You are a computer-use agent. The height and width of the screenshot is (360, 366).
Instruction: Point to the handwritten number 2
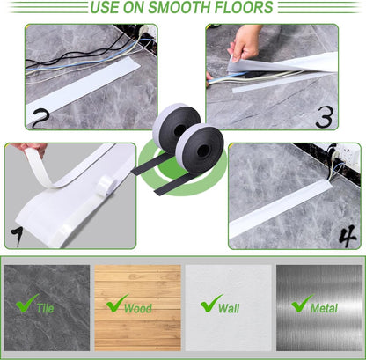point(39,118)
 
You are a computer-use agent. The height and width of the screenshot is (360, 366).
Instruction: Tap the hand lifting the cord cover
point(245,40)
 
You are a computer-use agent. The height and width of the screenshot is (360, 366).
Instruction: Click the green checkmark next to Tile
point(27,305)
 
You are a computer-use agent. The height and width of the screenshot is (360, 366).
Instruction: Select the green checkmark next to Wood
point(117,305)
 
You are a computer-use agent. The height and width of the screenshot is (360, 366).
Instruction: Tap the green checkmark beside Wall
point(211,305)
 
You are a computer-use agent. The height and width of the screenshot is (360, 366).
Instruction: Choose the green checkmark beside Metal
point(302,305)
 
